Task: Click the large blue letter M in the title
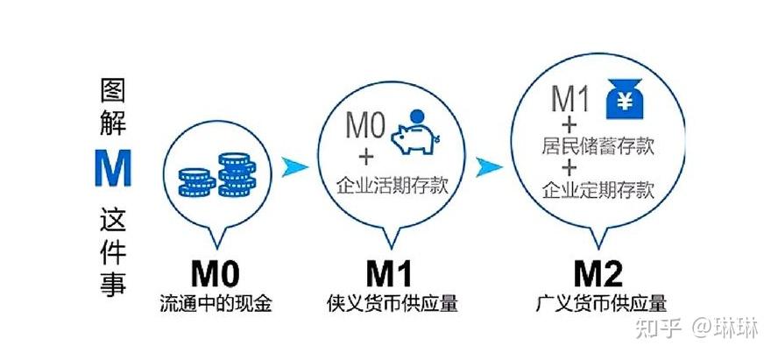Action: pyautogui.click(x=114, y=170)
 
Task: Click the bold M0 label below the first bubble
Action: pyautogui.click(x=216, y=274)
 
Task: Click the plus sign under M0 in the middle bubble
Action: pyautogui.click(x=364, y=158)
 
